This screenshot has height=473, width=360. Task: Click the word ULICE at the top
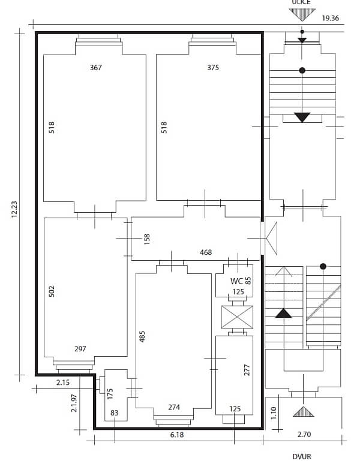pos(301,2)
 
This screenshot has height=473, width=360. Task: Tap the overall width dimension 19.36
pos(330,19)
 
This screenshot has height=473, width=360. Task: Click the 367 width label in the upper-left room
pos(95,68)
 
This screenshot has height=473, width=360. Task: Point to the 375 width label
pos(213,68)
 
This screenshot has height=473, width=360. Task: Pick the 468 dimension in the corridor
pos(206,253)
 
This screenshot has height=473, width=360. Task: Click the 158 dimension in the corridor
pos(147,238)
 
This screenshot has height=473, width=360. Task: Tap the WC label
pos(236,281)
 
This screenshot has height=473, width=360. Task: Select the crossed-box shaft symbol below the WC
pos(237,317)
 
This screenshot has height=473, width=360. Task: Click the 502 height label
pos(52,291)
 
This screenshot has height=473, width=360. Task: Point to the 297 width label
pos(80,349)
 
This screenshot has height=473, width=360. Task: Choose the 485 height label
pos(143,337)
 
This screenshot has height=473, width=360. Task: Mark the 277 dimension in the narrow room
pos(247,369)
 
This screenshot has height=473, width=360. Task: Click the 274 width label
pos(174,408)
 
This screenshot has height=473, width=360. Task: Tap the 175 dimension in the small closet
pos(110,394)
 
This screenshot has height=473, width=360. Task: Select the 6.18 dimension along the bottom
pos(176,435)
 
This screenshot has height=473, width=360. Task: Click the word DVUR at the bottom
pos(302,456)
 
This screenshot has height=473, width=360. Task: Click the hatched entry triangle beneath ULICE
pos(302,14)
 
